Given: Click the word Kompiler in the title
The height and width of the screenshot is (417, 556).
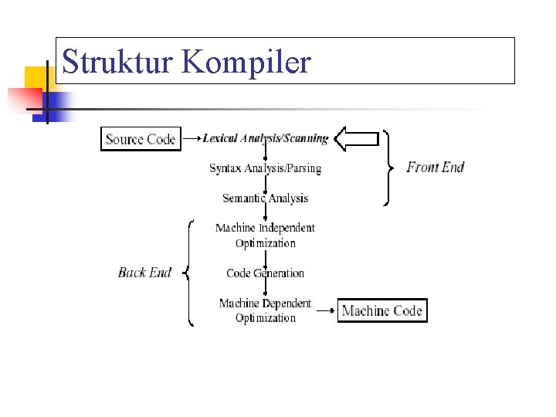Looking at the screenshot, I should tap(247, 62).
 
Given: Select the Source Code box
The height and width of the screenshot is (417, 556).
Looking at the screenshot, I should tap(141, 139).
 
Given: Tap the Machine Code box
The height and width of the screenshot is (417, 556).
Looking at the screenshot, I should tap(381, 310).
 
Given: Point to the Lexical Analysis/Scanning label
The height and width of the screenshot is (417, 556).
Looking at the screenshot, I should tap(265, 139).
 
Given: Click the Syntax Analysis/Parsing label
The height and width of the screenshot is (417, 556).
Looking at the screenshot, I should tap(265, 168).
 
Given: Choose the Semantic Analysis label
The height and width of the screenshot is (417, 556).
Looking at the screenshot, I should tap(265, 198).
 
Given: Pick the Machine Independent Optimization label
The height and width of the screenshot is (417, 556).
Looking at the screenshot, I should tap(265, 235).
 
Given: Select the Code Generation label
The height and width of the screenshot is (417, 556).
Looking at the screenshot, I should tap(265, 273).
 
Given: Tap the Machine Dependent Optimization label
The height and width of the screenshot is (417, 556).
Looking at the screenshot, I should tap(265, 310).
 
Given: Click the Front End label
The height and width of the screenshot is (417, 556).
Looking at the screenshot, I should tap(436, 167).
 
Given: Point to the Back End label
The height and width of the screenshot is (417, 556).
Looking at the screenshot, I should tap(144, 272).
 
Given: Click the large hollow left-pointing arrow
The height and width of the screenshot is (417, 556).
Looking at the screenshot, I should tap(360, 139).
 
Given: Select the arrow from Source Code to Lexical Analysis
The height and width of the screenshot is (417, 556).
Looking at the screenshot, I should tap(192, 140).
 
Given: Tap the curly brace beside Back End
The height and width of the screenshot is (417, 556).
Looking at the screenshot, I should tap(189, 273).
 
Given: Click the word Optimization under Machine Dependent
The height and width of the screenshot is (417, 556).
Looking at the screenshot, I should tap(265, 318).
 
